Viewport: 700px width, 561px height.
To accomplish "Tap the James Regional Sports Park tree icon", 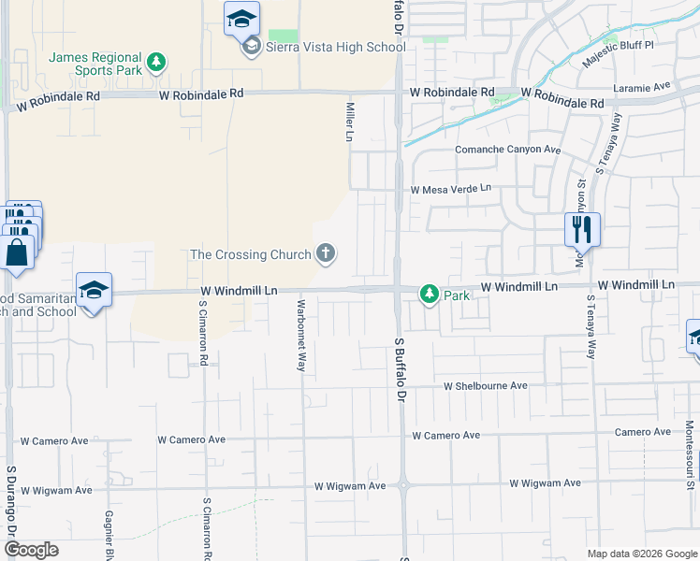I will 157,63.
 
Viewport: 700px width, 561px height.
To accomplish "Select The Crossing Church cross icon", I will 326,252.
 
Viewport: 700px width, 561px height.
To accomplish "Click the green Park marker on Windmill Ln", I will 429,295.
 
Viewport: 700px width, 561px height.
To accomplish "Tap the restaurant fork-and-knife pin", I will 582,228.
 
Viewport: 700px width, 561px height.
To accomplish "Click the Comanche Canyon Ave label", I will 507,150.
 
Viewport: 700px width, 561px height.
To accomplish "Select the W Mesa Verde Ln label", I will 451,189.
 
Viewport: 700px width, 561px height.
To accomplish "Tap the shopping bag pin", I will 17,252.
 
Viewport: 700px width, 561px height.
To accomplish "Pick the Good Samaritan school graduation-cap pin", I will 95,291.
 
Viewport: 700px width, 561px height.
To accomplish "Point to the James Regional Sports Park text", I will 96,63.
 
